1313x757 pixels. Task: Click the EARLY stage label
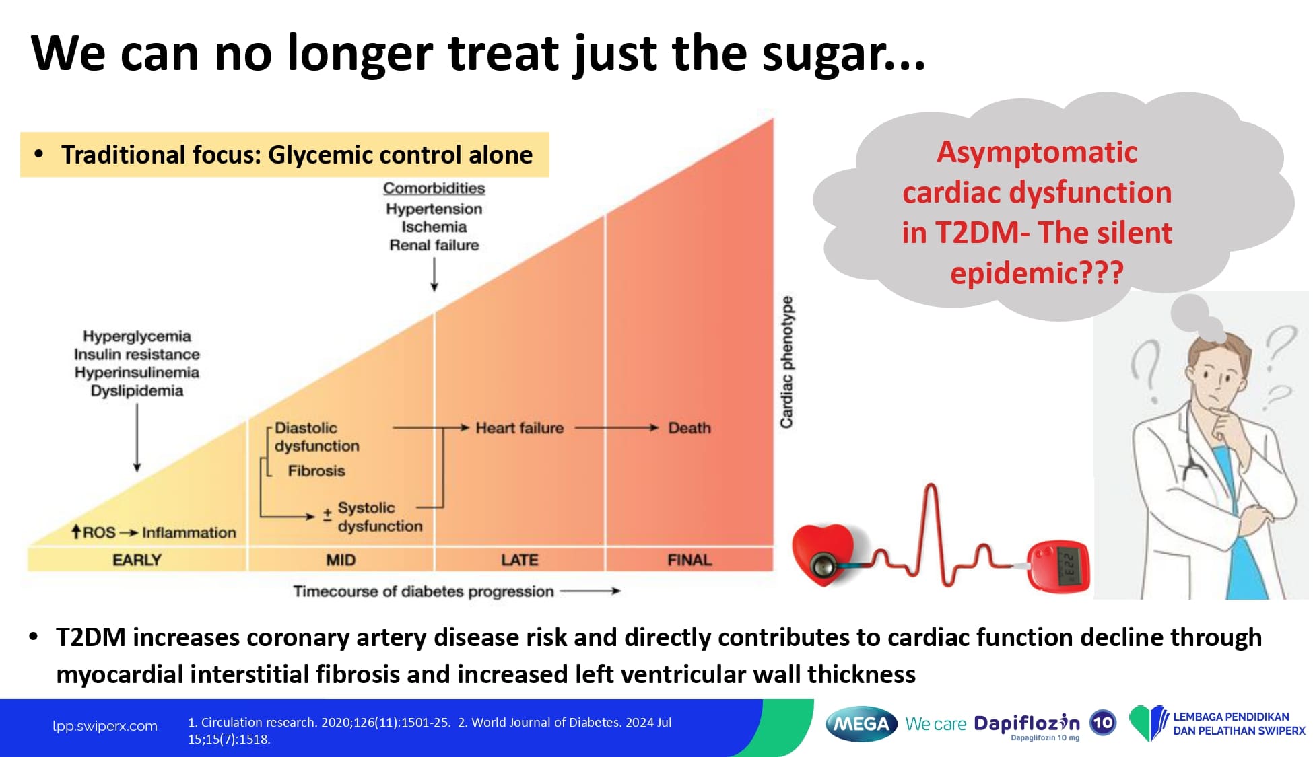pyautogui.click(x=137, y=560)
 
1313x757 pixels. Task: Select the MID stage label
pyautogui.click(x=341, y=560)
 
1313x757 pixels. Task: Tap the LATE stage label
pyautogui.click(x=519, y=560)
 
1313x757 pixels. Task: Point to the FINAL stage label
pyautogui.click(x=689, y=560)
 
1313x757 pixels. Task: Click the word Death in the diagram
pyautogui.click(x=689, y=428)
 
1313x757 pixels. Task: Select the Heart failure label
pyautogui.click(x=519, y=428)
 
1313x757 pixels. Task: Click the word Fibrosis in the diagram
pyautogui.click(x=316, y=471)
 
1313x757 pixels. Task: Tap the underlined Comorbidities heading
pyautogui.click(x=434, y=188)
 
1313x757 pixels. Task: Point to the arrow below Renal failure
pyautogui.click(x=434, y=275)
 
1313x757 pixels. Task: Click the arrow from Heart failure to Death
pyautogui.click(x=616, y=428)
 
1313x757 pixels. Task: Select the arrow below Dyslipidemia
pyautogui.click(x=137, y=437)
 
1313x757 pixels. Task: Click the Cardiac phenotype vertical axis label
pyautogui.click(x=786, y=362)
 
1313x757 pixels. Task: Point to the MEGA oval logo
pyautogui.click(x=861, y=724)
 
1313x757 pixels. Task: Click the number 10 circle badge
pyautogui.click(x=1102, y=723)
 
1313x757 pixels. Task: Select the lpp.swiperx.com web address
pyautogui.click(x=105, y=726)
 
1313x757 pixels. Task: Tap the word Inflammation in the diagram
pyautogui.click(x=189, y=533)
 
